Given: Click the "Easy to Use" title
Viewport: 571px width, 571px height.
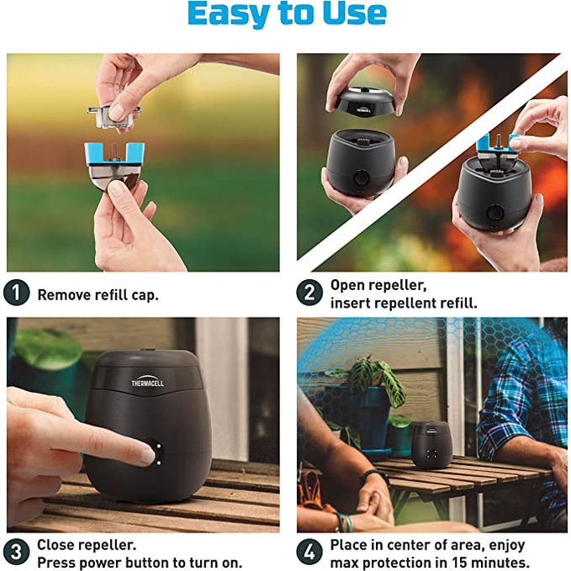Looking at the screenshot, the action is tap(287, 13).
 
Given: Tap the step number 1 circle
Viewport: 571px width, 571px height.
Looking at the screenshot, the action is tap(16, 293).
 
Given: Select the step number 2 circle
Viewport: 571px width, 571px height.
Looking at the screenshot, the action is tap(309, 293).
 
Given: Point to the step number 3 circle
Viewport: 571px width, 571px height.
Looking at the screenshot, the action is tap(16, 552).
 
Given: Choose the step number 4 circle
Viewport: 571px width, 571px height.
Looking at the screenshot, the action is tap(309, 552).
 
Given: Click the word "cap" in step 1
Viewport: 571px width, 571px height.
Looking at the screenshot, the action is tap(145, 296).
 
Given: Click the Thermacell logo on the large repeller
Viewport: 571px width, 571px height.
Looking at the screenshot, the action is tap(147, 381).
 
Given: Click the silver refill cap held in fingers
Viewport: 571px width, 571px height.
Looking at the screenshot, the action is tap(114, 116).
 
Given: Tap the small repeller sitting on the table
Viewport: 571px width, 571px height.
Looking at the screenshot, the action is tap(432, 445).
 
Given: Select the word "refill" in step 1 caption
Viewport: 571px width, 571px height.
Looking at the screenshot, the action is tap(111, 295).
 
